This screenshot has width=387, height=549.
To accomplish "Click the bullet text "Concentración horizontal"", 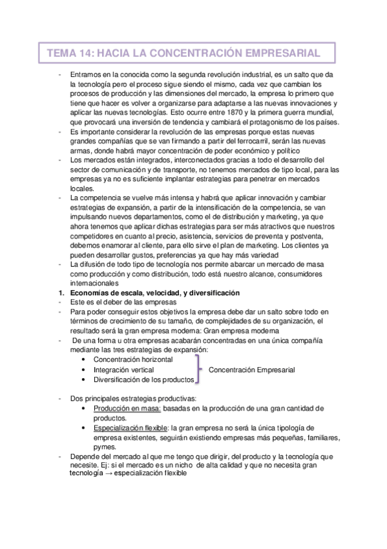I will tap(133, 360).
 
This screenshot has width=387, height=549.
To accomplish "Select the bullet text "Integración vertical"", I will tap(123, 370).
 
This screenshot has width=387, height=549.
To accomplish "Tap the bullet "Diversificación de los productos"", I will tap(143, 379).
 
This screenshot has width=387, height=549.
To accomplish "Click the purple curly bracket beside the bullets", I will tap(199, 370).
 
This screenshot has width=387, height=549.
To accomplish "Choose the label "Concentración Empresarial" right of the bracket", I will tap(252, 370).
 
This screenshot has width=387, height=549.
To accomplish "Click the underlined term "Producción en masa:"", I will tap(127, 409).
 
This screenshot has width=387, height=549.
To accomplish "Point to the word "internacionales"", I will tap(94, 283).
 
